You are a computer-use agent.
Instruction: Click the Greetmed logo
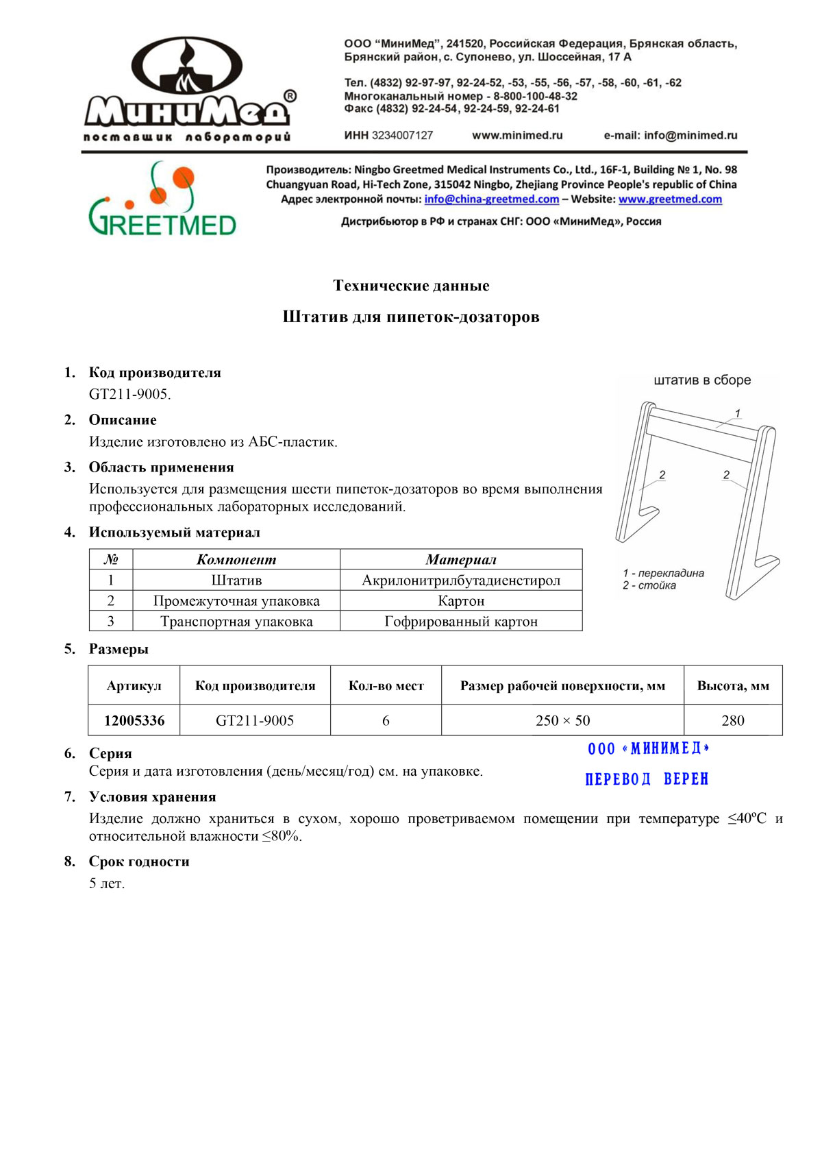[162, 199]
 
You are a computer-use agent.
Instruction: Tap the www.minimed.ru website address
[517, 136]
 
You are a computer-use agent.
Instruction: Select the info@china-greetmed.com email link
[491, 199]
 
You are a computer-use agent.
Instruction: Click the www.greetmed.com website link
[670, 199]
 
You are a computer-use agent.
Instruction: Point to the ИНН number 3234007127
[402, 136]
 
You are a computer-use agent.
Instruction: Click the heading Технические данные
[411, 286]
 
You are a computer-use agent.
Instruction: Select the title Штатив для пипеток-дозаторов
[411, 317]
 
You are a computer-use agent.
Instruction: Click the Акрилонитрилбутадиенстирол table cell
[461, 580]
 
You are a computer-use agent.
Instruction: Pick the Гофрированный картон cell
[461, 622]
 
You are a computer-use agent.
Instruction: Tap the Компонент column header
[236, 559]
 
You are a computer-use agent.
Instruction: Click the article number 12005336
[134, 720]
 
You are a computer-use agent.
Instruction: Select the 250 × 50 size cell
[562, 720]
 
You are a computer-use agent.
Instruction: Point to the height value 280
[733, 720]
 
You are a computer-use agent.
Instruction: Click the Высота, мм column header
[733, 685]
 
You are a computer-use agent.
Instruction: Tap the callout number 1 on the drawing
[738, 413]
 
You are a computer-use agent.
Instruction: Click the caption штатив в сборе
[702, 380]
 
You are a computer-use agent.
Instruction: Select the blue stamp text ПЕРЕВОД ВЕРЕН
[647, 779]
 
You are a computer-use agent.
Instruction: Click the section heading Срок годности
[139, 861]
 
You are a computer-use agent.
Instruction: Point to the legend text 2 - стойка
[649, 585]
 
